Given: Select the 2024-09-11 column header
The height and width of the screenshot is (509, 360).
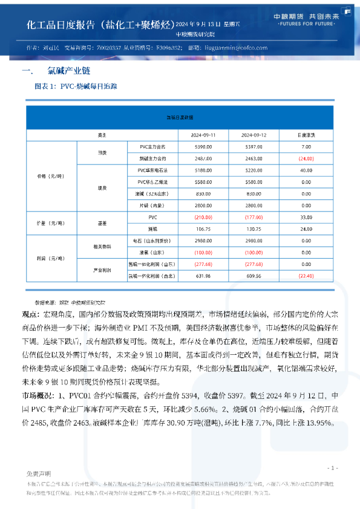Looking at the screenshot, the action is (x=203, y=134).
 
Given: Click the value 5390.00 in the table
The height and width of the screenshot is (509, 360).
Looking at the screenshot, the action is (x=203, y=147).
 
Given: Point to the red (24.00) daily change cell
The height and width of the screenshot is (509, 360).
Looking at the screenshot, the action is (x=306, y=158).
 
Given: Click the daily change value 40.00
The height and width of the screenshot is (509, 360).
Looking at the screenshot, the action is (x=306, y=170).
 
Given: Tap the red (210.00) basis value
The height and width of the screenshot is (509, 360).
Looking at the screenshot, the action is (x=203, y=217).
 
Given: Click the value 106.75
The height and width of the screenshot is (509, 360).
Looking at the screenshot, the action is (x=203, y=229).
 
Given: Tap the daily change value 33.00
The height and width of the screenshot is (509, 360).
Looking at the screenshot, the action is (x=306, y=217).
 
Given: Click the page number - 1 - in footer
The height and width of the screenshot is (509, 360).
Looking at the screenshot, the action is (x=332, y=468).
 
